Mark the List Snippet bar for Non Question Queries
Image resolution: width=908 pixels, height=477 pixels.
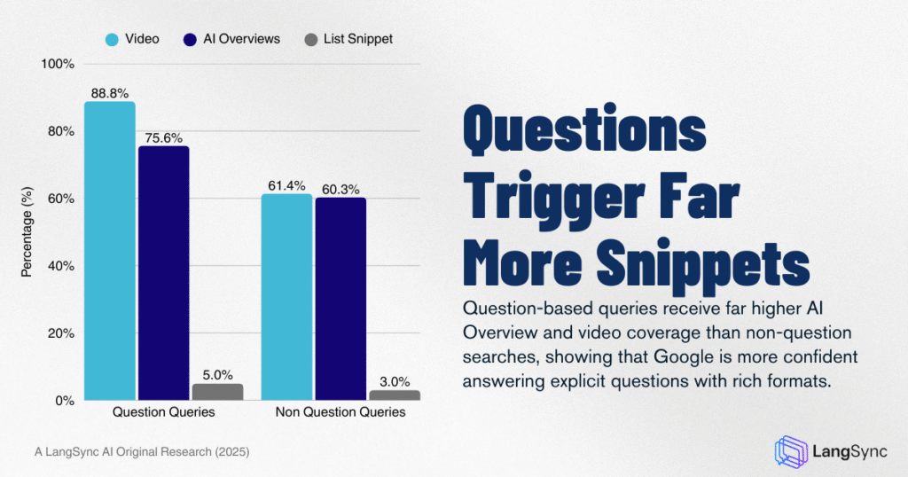[x=395, y=395]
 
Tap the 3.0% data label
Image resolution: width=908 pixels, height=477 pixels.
[x=395, y=381]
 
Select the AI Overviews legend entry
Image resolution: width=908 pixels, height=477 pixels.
[x=231, y=39]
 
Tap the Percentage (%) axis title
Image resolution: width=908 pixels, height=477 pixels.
[x=27, y=232]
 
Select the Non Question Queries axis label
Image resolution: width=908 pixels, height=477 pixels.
[x=340, y=412]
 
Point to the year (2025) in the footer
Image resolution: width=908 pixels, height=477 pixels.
[x=229, y=451]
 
